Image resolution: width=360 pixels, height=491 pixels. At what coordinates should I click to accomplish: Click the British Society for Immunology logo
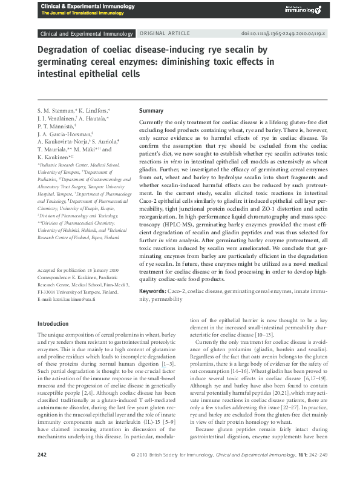(304, 9)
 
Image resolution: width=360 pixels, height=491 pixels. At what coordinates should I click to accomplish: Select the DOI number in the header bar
(292, 35)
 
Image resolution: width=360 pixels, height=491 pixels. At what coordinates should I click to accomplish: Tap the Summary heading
(151, 111)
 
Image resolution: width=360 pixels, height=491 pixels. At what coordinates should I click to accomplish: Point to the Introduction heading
(53, 324)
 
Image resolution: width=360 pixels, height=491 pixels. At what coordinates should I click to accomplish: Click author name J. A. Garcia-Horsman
(66, 134)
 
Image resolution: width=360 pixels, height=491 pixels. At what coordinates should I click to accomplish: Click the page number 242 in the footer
(42, 471)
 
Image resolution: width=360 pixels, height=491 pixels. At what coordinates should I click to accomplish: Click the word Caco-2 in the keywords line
(177, 291)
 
